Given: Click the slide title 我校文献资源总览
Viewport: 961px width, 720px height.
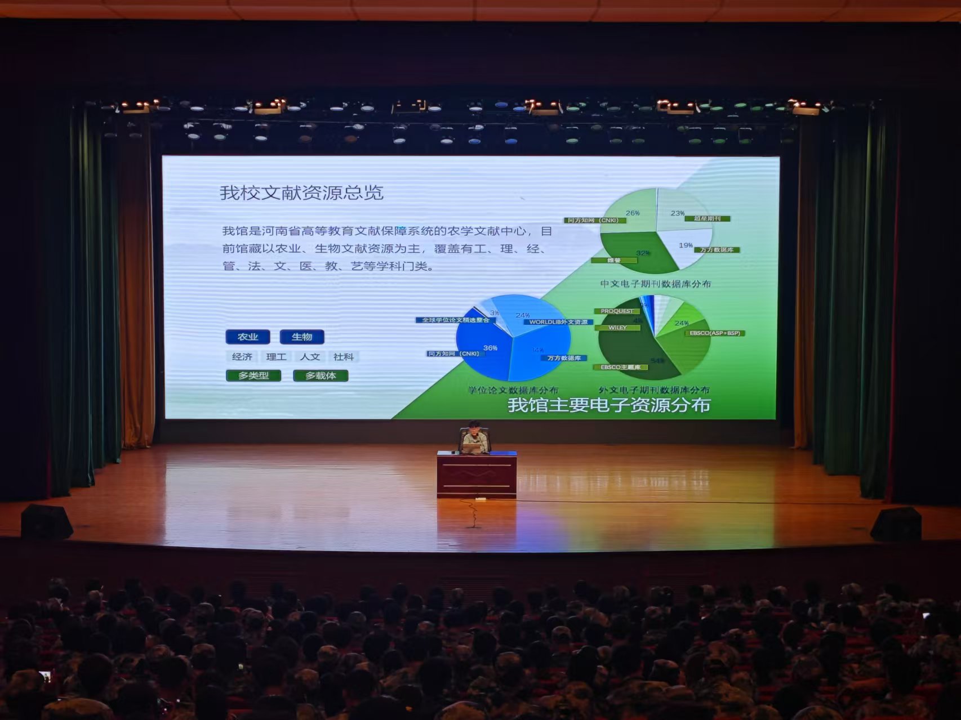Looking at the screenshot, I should click(x=301, y=193).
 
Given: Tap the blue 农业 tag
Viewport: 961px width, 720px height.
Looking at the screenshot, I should click(x=248, y=337).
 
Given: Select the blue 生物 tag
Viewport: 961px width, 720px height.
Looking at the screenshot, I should click(x=302, y=337).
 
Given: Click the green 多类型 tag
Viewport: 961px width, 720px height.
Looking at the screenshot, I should click(x=253, y=375).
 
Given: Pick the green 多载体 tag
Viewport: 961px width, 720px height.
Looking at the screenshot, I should click(x=321, y=375).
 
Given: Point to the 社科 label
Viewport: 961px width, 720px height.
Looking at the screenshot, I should click(x=343, y=357).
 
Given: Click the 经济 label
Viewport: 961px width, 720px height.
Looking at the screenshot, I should click(x=242, y=357).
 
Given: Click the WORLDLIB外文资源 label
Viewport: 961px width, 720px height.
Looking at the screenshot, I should click(x=558, y=322).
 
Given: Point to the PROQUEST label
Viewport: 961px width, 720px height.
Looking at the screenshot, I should click(x=617, y=311).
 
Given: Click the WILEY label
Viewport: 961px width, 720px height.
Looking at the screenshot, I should click(x=617, y=327).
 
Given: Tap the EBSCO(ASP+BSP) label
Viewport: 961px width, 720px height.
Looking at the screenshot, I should click(x=715, y=333).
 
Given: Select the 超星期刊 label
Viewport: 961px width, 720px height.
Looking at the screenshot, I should click(x=708, y=218).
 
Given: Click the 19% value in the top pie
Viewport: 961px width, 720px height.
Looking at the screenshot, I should click(x=686, y=245).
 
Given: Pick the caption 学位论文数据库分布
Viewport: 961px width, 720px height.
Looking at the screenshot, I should click(x=513, y=390).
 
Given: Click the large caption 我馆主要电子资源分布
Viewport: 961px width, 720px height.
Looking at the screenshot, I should click(x=609, y=405).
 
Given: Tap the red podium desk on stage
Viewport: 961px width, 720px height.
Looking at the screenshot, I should click(x=477, y=474).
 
